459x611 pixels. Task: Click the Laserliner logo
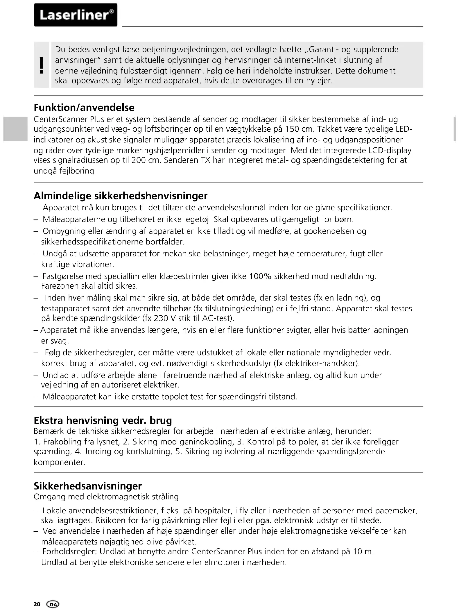coord(76,15)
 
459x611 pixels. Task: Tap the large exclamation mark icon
coord(42,65)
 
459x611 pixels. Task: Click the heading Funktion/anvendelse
coord(84,108)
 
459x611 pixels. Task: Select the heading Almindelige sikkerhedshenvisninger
coord(121,196)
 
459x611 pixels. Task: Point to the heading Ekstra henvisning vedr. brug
coord(103,420)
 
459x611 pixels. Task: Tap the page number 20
coord(37,604)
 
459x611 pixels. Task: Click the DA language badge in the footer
coord(53,604)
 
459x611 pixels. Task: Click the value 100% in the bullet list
coord(260,276)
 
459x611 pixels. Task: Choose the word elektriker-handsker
coord(321,363)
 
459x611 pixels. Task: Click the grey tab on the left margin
coord(15,129)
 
